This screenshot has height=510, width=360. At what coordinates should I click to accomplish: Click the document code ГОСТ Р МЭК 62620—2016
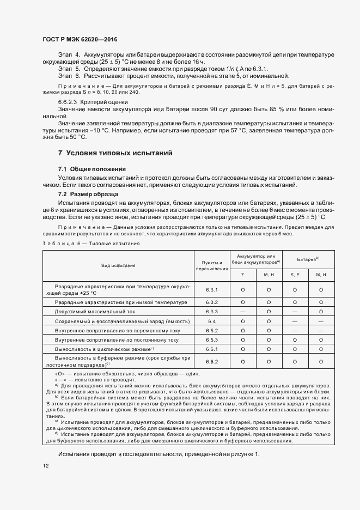[80, 39]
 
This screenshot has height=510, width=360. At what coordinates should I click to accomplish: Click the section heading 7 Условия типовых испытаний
[115, 153]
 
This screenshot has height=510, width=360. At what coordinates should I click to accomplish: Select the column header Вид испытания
[118, 265]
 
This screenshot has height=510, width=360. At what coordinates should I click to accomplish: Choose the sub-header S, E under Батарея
[295, 274]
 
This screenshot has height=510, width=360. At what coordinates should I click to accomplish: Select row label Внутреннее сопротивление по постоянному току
[117, 339]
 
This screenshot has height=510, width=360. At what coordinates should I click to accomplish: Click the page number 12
[46, 466]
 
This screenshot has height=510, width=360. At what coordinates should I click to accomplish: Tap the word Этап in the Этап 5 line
[65, 69]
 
